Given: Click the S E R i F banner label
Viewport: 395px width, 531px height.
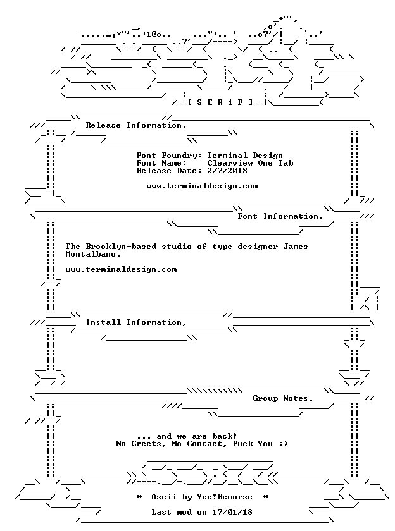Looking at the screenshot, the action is tap(220, 102).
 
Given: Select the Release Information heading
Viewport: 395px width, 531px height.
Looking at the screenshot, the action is tap(136, 125).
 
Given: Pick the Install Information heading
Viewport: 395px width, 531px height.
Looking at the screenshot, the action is tap(136, 322).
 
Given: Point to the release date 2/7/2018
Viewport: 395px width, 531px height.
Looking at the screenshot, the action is tap(227, 171).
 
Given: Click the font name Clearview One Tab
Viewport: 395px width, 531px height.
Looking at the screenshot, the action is tap(250, 163).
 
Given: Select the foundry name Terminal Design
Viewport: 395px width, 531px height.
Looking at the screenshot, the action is tap(245, 156).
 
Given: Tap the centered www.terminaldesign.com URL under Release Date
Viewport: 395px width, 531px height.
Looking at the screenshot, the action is tap(202, 186).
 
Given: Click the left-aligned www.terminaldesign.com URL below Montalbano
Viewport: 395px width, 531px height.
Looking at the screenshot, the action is tap(121, 269).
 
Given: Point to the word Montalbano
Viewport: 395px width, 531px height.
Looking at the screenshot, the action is tap(93, 254).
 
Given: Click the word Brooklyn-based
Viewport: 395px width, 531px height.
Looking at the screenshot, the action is tap(121, 247).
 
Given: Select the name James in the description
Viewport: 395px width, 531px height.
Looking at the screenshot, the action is tap(296, 247).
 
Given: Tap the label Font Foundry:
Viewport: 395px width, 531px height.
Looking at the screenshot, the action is tap(169, 156).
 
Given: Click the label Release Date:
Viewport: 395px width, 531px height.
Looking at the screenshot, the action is tap(169, 171).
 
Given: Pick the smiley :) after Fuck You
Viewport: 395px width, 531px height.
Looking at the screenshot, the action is tap(283, 444).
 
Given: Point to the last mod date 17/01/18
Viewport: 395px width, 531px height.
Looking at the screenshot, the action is tap(232, 512).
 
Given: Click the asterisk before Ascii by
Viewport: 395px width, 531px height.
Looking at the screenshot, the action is tap(139, 497).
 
